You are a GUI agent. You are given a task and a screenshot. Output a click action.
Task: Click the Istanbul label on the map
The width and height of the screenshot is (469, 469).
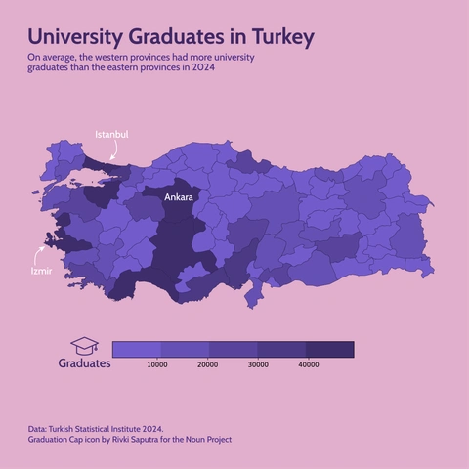(x=111, y=134)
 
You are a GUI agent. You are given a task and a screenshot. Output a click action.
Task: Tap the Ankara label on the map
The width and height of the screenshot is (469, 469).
(x=179, y=197)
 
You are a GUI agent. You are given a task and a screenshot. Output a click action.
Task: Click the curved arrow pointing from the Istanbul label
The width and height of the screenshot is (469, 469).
(x=114, y=150)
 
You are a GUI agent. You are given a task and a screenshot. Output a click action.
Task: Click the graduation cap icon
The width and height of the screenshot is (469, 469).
(x=84, y=346)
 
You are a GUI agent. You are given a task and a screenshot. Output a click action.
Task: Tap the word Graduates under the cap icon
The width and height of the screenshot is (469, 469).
(x=84, y=363)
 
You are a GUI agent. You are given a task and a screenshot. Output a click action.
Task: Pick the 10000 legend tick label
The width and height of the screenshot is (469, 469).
(x=157, y=364)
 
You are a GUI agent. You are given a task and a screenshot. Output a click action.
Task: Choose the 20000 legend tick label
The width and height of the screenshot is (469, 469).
(x=207, y=364)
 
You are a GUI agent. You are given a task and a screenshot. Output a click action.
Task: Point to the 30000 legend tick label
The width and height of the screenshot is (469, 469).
(x=258, y=364)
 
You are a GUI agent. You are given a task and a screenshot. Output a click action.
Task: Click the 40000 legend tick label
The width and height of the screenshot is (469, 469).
(x=308, y=364)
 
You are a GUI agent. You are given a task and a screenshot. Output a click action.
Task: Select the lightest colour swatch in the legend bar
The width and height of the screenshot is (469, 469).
(x=137, y=349)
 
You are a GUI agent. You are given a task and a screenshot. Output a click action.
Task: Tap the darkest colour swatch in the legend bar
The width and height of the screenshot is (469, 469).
(x=329, y=349)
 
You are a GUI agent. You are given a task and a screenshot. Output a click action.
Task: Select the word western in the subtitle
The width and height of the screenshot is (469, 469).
(x=111, y=59)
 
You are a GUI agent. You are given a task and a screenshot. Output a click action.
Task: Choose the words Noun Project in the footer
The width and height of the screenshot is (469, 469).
(x=207, y=440)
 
